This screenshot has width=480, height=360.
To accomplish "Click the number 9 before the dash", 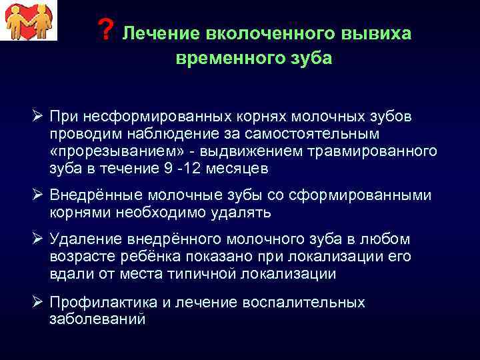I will (167, 169).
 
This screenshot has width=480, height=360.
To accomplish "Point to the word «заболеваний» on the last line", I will (97, 319).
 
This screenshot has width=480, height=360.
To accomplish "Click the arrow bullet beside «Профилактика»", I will (38, 302).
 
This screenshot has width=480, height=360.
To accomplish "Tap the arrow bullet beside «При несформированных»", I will (38, 117).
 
